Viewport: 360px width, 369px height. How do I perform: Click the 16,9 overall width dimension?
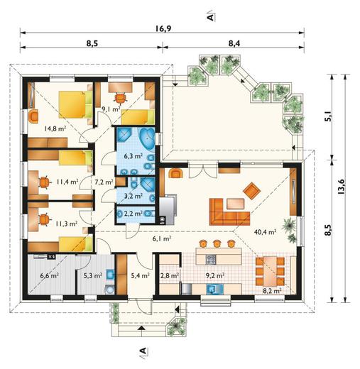(x=163, y=28)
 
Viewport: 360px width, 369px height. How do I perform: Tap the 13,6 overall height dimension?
(x=341, y=187)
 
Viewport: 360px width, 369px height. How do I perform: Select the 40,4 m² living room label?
(x=265, y=232)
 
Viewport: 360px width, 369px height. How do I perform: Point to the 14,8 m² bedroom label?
(x=55, y=128)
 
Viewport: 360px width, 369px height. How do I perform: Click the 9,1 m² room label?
(x=111, y=109)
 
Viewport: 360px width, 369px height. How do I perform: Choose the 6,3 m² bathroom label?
(x=133, y=156)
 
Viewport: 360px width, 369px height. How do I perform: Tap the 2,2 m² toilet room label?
(x=133, y=214)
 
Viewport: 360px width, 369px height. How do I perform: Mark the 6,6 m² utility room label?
(x=49, y=275)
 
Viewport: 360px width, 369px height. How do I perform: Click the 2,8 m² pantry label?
(x=169, y=275)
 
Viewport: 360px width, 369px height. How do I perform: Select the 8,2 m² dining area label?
(x=272, y=290)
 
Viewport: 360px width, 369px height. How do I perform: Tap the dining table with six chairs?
(x=270, y=271)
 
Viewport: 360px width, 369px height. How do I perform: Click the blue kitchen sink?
(x=215, y=289)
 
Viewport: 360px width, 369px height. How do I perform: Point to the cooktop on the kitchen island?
(x=210, y=260)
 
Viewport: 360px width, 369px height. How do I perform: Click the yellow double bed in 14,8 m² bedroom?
(x=75, y=104)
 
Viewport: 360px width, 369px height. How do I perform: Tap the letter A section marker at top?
(x=210, y=17)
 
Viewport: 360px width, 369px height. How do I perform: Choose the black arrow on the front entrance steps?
(x=141, y=328)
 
